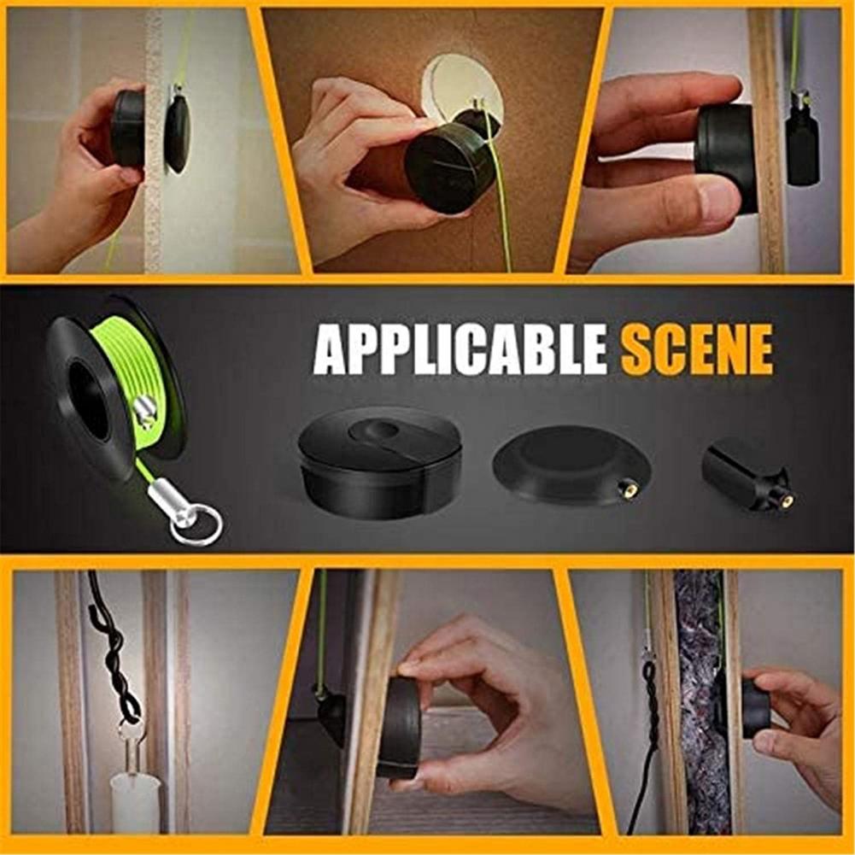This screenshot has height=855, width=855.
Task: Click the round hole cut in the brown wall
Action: (x=461, y=85)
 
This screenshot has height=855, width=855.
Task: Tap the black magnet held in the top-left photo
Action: (x=128, y=128)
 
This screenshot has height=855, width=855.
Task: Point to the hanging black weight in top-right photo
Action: (x=801, y=145)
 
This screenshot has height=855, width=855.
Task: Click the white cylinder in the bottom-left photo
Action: (x=135, y=803)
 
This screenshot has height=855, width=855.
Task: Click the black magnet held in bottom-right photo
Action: (x=755, y=708)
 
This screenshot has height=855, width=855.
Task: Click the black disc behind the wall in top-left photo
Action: (x=178, y=132)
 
